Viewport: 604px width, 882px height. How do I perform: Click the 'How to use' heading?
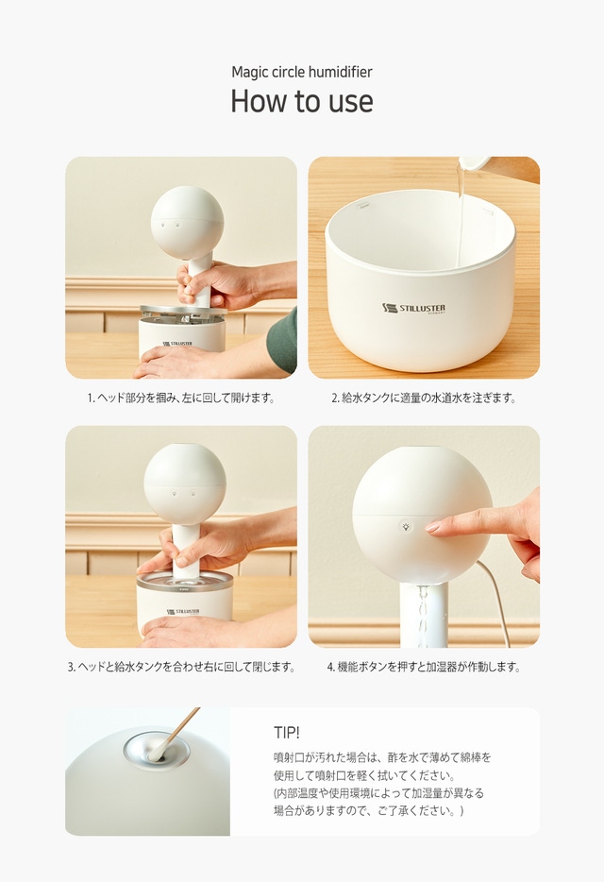[302, 101]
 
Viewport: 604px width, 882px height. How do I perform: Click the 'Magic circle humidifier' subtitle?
[302, 72]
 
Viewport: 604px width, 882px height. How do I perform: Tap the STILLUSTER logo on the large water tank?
[414, 308]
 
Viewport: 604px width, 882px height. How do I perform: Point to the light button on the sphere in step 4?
[406, 527]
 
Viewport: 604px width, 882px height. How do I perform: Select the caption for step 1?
[181, 398]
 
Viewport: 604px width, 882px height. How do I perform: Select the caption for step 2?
[424, 398]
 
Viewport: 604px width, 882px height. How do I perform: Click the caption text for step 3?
[181, 667]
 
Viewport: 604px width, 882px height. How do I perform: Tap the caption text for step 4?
[424, 667]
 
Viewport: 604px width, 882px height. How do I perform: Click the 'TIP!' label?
[287, 733]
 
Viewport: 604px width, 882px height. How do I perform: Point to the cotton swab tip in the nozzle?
[155, 752]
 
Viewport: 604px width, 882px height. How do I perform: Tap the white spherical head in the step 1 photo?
[187, 222]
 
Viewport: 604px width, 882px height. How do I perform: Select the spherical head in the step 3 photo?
[185, 484]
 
